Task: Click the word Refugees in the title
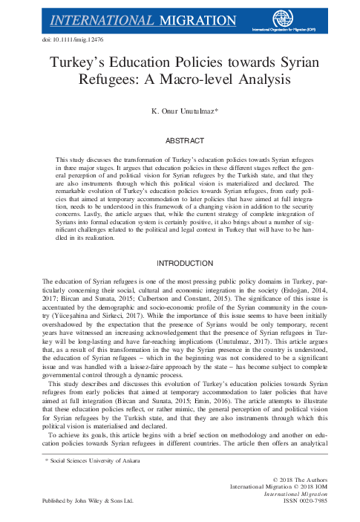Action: (99, 76)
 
